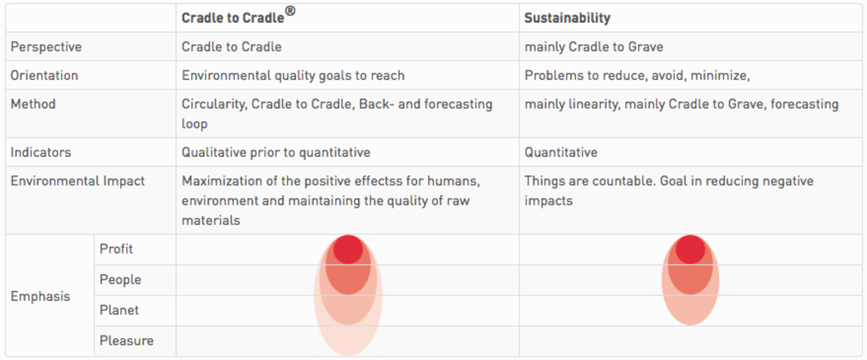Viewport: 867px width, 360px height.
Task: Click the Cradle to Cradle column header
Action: [233, 18]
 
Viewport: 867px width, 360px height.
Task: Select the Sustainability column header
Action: [567, 18]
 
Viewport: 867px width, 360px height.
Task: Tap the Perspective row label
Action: [46, 47]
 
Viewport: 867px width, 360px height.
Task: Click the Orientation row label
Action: [44, 75]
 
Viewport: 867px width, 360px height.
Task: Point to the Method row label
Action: [33, 104]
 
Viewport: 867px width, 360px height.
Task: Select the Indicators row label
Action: [41, 152]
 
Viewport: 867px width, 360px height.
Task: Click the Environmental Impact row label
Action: [78, 181]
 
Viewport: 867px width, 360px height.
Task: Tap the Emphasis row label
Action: [40, 296]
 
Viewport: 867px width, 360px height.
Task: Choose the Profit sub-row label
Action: [116, 249]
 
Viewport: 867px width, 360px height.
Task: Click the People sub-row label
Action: [120, 279]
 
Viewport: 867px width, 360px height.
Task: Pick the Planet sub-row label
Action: [119, 310]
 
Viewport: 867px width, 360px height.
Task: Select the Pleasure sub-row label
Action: [126, 341]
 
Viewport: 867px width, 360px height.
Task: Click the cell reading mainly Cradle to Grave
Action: [594, 47]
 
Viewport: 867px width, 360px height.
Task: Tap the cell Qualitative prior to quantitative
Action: [276, 152]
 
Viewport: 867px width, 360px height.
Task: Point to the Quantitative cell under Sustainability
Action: [561, 152]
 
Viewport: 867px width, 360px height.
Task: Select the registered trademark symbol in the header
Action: [290, 11]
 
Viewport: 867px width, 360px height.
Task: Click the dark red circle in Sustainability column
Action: [690, 249]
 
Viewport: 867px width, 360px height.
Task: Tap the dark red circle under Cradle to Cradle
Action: [348, 249]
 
